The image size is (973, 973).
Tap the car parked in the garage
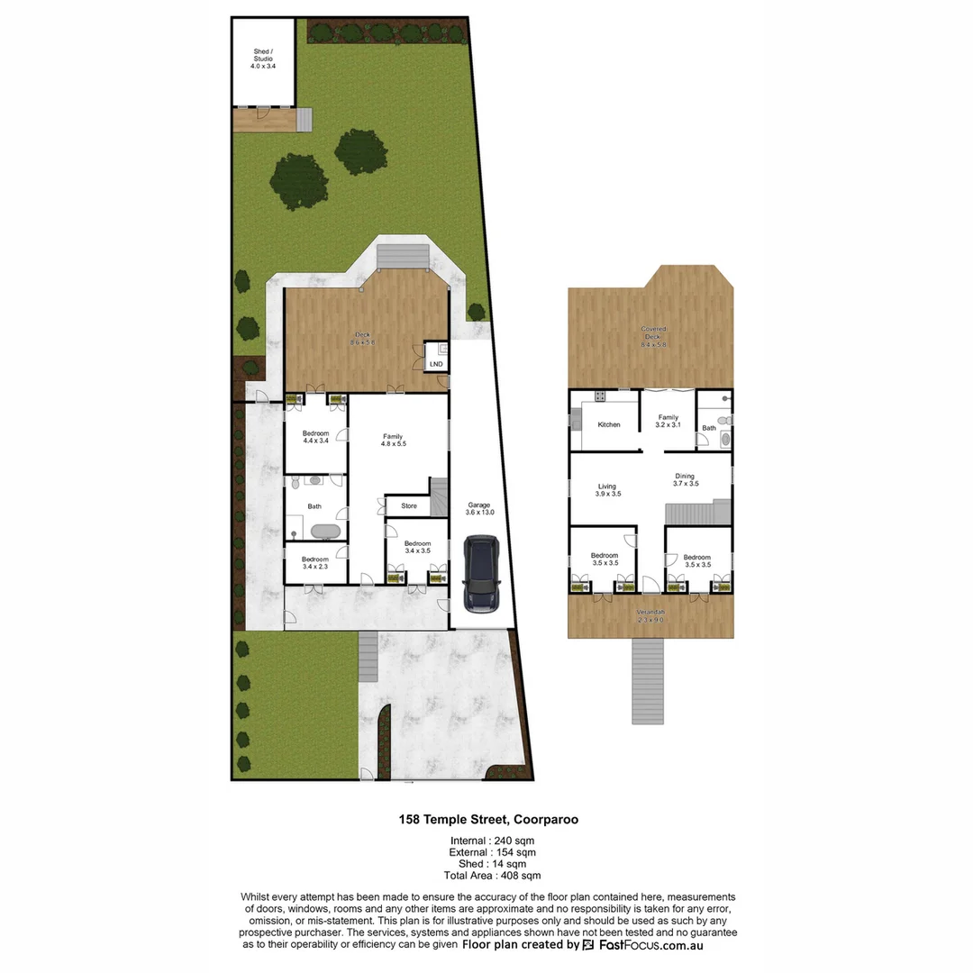tap(481, 573)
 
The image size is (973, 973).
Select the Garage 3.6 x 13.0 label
tap(479, 509)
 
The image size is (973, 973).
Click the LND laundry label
tap(436, 364)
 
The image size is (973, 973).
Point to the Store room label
tap(409, 506)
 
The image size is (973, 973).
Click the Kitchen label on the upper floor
tap(609, 424)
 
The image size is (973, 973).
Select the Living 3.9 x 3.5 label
tap(606, 490)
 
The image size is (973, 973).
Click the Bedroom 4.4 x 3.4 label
tap(314, 437)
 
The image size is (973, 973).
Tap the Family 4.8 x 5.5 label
tap(393, 441)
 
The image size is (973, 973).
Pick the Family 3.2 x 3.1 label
tap(668, 422)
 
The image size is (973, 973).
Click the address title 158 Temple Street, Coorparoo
tap(489, 820)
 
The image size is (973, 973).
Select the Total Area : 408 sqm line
tap(492, 875)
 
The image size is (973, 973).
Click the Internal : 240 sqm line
tap(492, 841)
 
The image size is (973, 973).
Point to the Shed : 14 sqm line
tap(492, 864)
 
